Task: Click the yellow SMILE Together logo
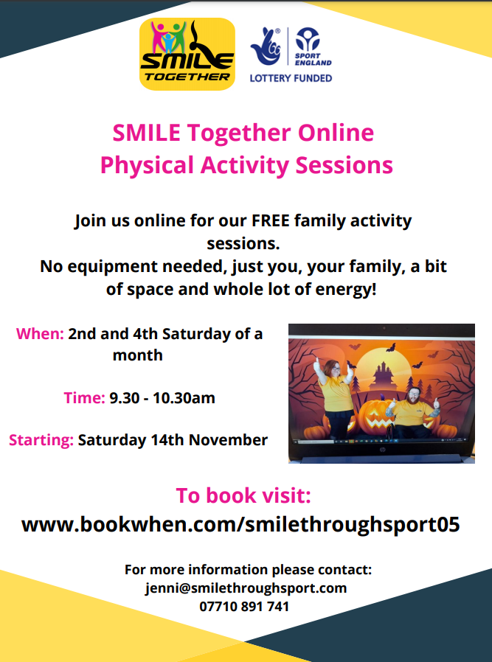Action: pyautogui.click(x=187, y=54)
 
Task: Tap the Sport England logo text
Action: pyautogui.click(x=313, y=59)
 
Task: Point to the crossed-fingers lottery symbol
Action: pyautogui.click(x=266, y=46)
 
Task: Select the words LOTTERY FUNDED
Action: pyautogui.click(x=291, y=78)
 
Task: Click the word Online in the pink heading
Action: pyautogui.click(x=336, y=133)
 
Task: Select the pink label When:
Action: pyautogui.click(x=40, y=334)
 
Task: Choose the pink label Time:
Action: pyautogui.click(x=85, y=397)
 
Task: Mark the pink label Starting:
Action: pyautogui.click(x=41, y=440)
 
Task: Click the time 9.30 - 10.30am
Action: pyautogui.click(x=162, y=397)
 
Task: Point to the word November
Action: pyautogui.click(x=228, y=440)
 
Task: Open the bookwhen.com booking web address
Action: pyautogui.click(x=240, y=525)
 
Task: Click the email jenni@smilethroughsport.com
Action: pyautogui.click(x=246, y=588)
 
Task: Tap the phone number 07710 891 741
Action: pyautogui.click(x=244, y=607)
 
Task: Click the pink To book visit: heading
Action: pyautogui.click(x=243, y=495)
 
